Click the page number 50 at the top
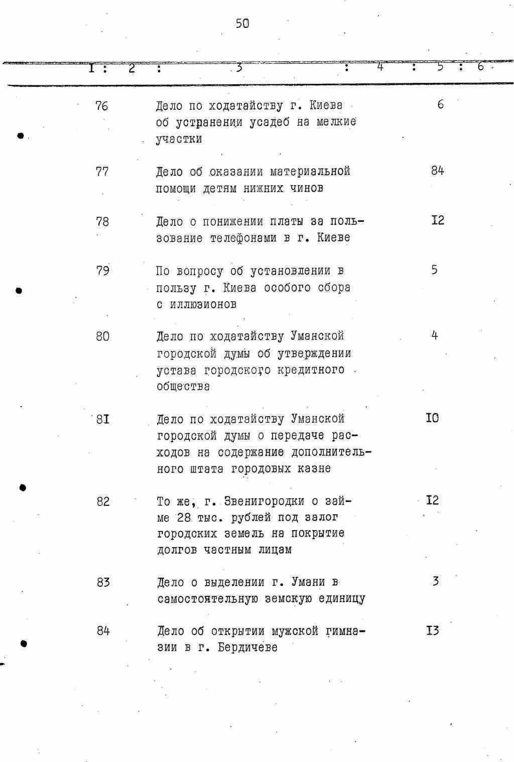tap(242, 24)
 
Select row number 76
tap(101, 106)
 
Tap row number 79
tap(102, 271)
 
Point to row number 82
tap(103, 501)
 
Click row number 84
tap(103, 631)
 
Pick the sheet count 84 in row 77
tap(437, 171)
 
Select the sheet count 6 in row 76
tap(440, 104)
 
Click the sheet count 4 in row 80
tap(435, 335)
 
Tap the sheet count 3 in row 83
tap(436, 581)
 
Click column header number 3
tap(239, 67)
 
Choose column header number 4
tap(380, 66)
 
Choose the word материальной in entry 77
tap(310, 172)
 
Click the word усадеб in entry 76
tap(269, 122)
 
